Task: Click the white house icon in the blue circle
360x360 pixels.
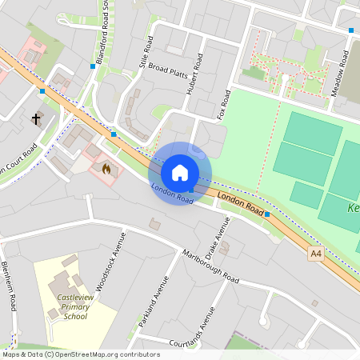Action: [180, 173]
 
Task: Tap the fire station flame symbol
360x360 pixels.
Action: [105, 169]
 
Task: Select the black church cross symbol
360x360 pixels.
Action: [35, 119]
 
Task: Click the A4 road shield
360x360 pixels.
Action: [318, 253]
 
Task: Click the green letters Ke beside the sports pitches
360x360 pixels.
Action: [353, 208]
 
